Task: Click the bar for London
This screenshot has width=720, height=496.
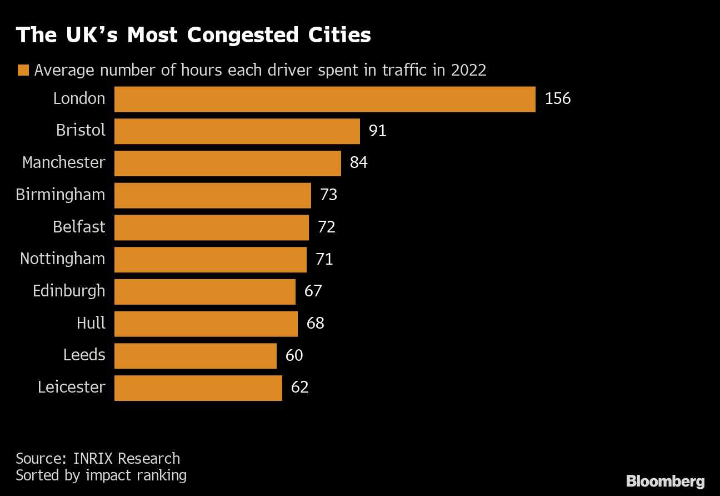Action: (x=324, y=99)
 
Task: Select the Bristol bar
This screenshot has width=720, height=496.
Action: (x=237, y=131)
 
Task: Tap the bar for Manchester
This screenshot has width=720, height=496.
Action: (x=227, y=163)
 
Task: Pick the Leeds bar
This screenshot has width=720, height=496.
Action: (x=195, y=356)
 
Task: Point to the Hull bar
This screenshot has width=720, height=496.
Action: (x=206, y=324)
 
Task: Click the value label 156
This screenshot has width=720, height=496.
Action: (x=558, y=99)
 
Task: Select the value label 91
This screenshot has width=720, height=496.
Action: (x=377, y=131)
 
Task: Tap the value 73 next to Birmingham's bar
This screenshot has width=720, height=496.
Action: (x=328, y=195)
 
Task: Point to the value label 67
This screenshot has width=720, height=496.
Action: (x=313, y=291)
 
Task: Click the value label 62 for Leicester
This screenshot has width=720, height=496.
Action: (x=299, y=388)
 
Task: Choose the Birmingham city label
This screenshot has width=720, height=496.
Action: (x=60, y=195)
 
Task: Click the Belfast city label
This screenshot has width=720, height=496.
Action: (x=79, y=227)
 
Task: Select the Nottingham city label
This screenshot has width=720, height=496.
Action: (x=62, y=259)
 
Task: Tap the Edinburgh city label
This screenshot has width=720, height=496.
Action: (x=69, y=291)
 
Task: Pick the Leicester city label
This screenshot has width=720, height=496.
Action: (x=71, y=388)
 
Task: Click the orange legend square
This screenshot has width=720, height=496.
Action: (x=23, y=71)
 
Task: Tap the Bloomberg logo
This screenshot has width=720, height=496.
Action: (x=665, y=481)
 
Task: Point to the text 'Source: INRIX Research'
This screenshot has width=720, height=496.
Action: (x=98, y=459)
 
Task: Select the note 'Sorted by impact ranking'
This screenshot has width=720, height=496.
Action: (x=101, y=475)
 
